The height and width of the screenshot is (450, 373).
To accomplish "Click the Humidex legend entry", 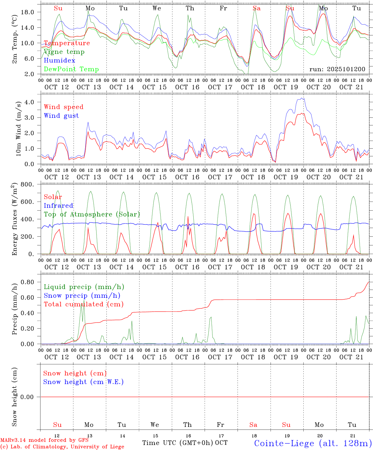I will [x=59, y=60].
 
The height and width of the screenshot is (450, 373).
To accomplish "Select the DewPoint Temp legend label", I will [x=71, y=69].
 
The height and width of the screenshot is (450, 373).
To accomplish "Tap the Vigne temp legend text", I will [x=64, y=52].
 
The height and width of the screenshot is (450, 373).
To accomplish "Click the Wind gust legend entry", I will [x=61, y=116].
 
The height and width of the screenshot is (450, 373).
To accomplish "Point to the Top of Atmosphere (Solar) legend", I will [x=92, y=214].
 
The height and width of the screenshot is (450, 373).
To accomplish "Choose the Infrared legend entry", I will [x=58, y=205].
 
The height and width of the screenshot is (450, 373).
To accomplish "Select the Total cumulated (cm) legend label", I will [x=83, y=304].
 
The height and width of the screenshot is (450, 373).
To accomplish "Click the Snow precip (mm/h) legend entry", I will [x=82, y=295].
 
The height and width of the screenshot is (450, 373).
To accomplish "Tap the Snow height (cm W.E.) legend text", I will [x=83, y=382].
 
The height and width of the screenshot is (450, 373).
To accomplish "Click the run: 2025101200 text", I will [x=337, y=69].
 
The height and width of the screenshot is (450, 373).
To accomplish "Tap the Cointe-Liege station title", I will [x=312, y=443].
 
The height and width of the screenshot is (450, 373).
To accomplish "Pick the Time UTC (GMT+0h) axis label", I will [x=177, y=442].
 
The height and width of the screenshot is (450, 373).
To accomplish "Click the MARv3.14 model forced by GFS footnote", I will [x=44, y=440].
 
